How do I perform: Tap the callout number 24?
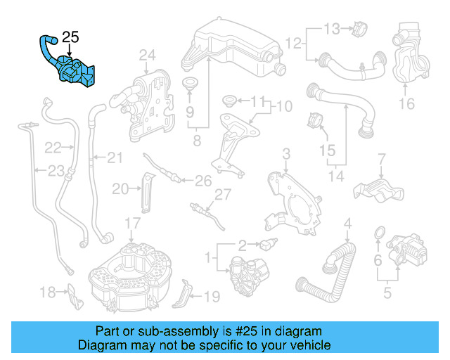click(x=146, y=55)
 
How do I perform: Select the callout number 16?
click(x=407, y=105)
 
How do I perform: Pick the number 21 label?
click(x=114, y=156)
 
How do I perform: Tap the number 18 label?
click(x=48, y=292)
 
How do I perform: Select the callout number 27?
click(x=222, y=194)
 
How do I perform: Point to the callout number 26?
click(x=202, y=181)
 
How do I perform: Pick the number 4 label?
click(x=347, y=225)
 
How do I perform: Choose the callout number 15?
click(x=328, y=150)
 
